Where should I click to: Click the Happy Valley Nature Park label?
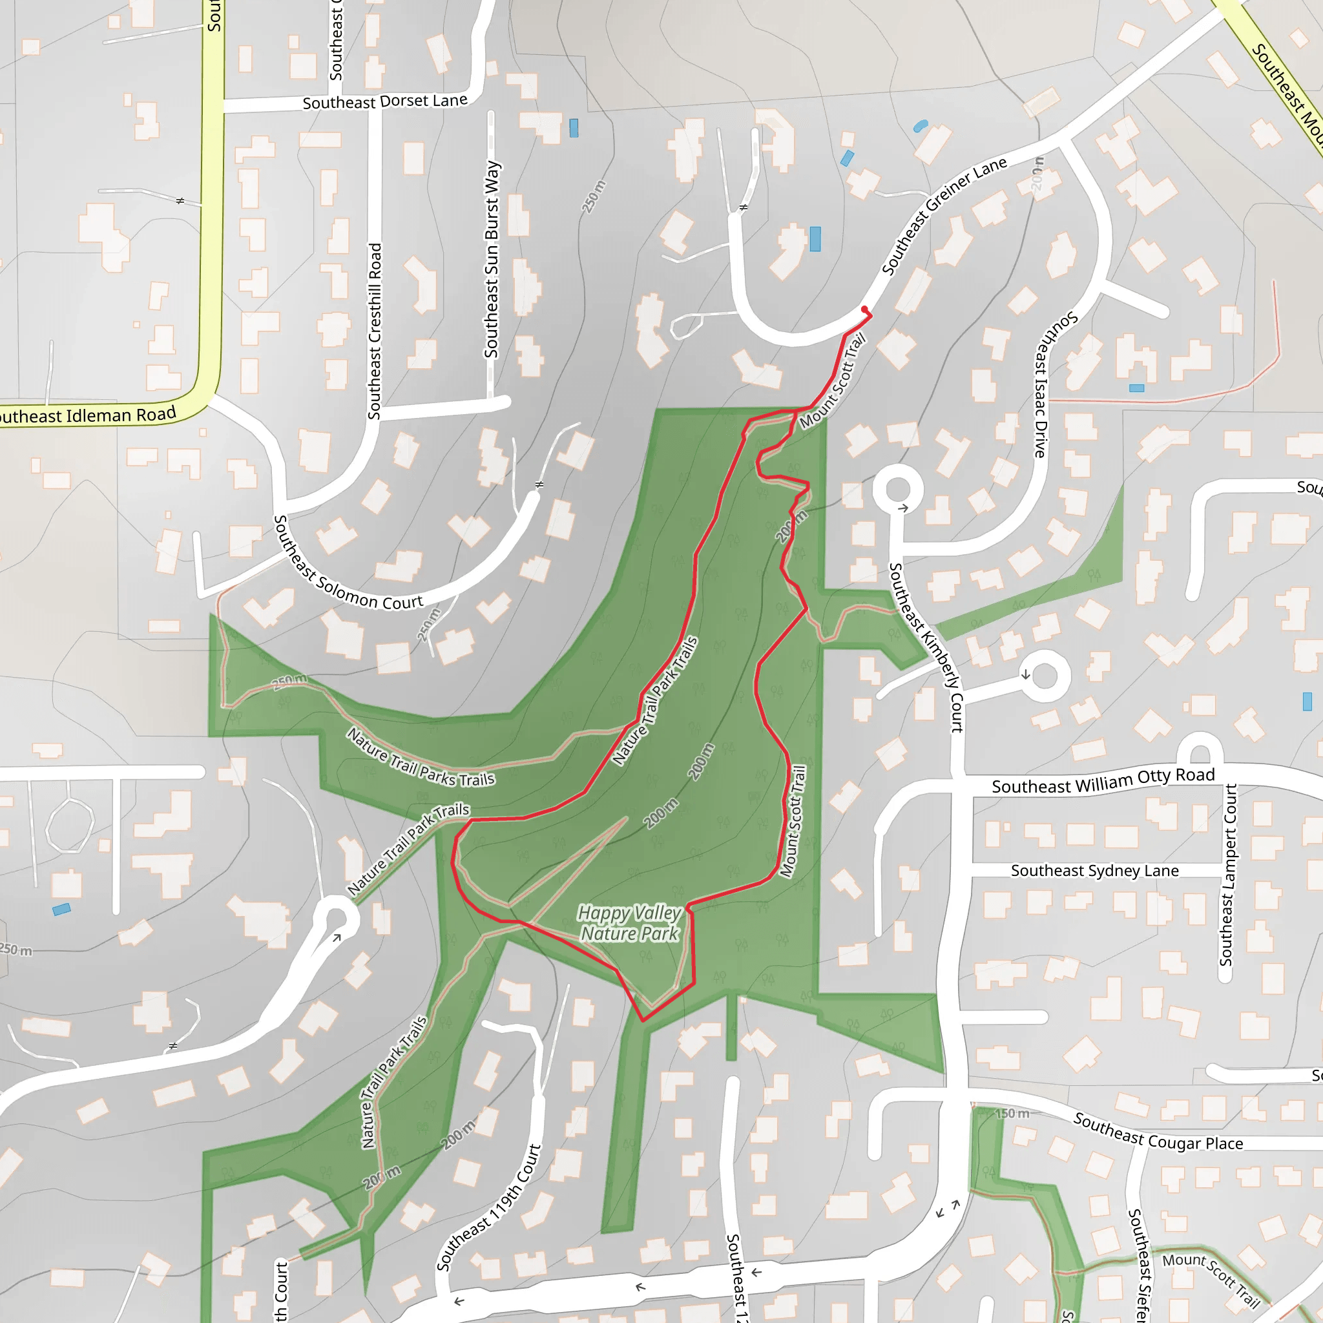[629, 923]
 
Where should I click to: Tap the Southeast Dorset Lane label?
[385, 102]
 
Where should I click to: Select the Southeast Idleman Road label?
[87, 415]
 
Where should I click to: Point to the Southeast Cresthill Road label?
[375, 331]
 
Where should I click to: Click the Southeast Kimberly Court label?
[926, 647]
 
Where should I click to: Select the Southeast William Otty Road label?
[1103, 780]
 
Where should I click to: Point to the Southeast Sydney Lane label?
[1094, 870]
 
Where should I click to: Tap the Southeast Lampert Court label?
[1230, 875]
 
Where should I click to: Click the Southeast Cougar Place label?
[1157, 1131]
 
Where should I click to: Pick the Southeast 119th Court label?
[489, 1208]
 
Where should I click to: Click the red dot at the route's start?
[864, 309]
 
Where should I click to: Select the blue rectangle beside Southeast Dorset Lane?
[574, 128]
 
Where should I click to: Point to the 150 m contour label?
[1012, 1114]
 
